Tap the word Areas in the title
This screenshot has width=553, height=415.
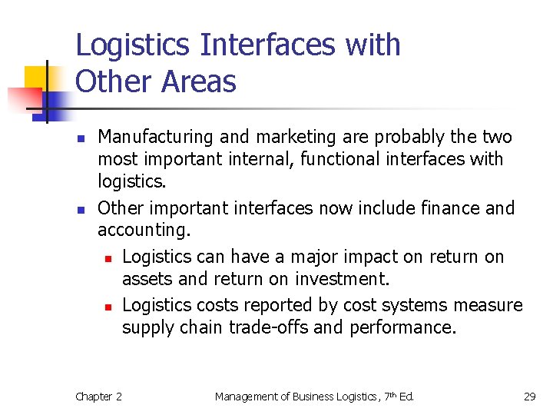[199, 81]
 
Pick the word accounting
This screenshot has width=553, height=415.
[143, 231]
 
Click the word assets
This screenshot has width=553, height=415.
[146, 279]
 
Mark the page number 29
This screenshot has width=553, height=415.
[529, 397]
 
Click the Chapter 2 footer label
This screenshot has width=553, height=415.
[98, 397]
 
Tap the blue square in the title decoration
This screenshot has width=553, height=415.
[57, 101]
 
